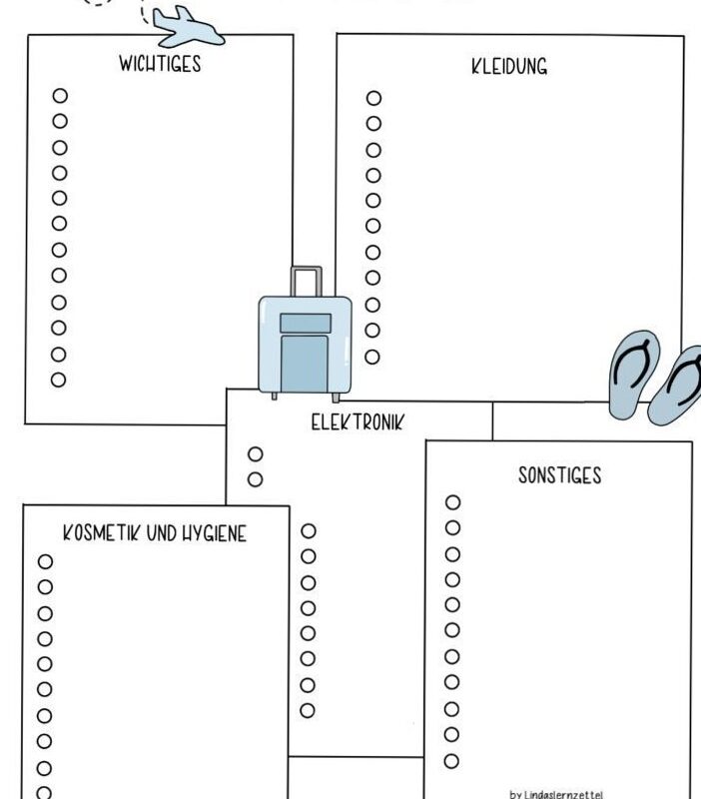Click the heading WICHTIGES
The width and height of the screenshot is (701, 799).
click(x=160, y=64)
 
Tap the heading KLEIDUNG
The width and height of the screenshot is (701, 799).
click(x=509, y=67)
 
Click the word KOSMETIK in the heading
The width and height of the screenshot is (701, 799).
click(x=103, y=533)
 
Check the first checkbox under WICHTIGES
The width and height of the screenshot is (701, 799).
click(x=60, y=96)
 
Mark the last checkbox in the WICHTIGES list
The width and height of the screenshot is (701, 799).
click(x=59, y=380)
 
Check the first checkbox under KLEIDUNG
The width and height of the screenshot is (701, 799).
click(x=373, y=98)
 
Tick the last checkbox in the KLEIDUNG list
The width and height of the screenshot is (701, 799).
click(x=372, y=357)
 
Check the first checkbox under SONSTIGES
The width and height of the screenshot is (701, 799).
click(x=453, y=502)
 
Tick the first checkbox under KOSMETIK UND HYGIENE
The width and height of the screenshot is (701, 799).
click(x=45, y=561)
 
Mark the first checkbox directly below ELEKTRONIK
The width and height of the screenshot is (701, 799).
click(x=256, y=453)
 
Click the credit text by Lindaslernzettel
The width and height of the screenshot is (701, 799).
click(x=557, y=795)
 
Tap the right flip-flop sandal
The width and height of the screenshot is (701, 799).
click(x=677, y=386)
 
